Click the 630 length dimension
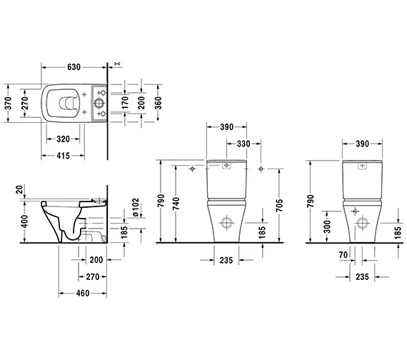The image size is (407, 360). coord(74,67)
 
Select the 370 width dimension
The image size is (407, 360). coord(8,103)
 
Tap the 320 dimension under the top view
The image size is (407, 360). coord(63,139)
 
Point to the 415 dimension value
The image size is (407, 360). coord(63,156)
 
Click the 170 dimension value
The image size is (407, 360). coord(125,103)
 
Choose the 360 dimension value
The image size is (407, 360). coord(158,103)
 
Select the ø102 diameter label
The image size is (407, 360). coord(136,207)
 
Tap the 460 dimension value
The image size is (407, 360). coord(83,294)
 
